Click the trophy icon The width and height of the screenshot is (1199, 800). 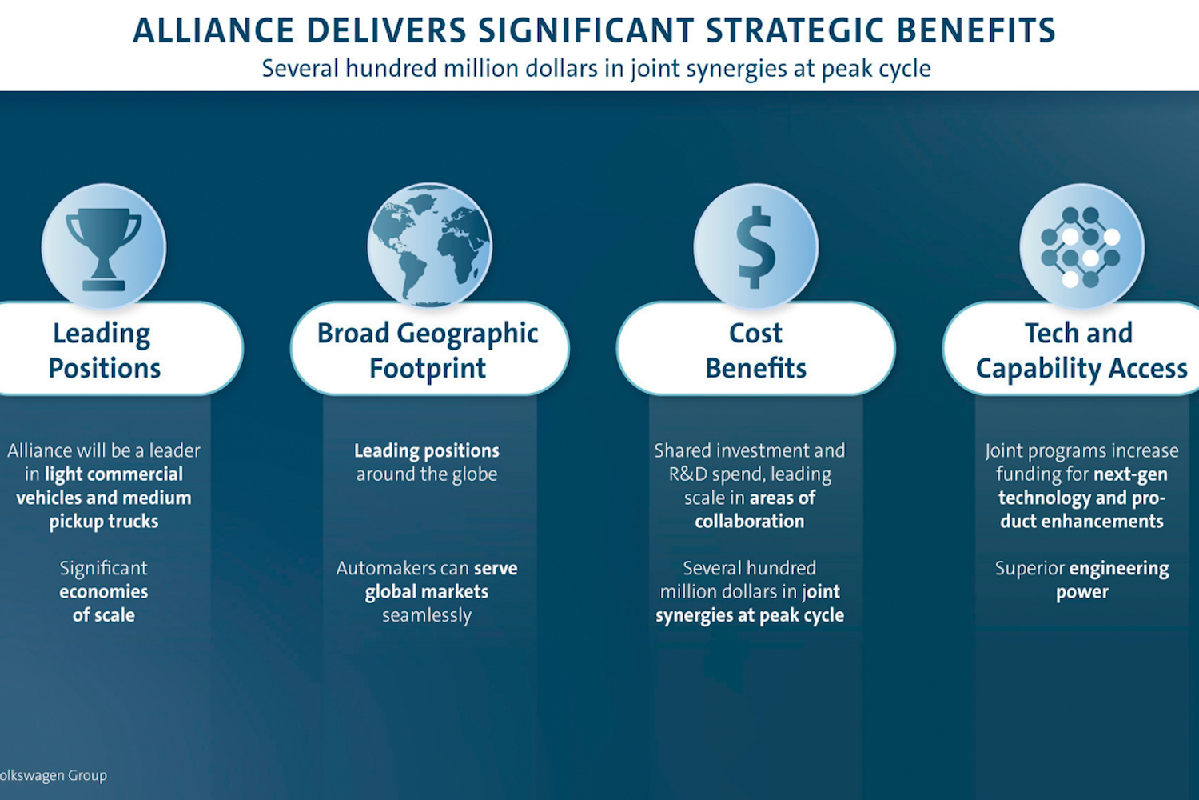point(104,247)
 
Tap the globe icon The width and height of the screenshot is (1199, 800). point(430,246)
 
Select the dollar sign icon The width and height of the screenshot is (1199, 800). point(756,247)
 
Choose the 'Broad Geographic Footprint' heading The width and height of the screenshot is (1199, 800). point(429,349)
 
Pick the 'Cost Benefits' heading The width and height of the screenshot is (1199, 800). point(756,349)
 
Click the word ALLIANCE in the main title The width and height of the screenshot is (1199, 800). point(213,30)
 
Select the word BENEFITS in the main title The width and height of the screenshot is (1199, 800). point(976,30)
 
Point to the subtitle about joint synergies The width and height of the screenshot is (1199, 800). point(596,69)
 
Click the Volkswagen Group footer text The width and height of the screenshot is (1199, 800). point(53,775)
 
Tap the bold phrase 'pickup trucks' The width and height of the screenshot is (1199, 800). point(104,522)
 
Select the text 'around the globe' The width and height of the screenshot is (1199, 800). point(427,474)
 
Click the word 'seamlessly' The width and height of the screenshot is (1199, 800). point(427,616)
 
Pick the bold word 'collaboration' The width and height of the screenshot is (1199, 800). point(750,522)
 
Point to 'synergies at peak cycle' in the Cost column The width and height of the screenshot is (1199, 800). point(750,616)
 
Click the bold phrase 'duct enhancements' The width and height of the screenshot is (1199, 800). point(1081,522)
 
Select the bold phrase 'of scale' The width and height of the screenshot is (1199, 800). point(104,616)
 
